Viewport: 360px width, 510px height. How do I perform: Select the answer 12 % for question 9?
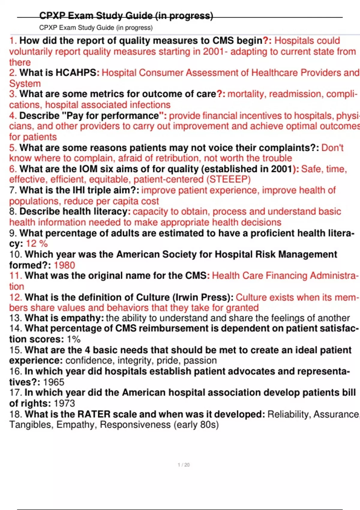click(37, 244)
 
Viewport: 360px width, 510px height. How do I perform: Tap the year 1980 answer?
click(64, 265)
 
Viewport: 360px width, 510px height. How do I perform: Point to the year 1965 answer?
click(54, 382)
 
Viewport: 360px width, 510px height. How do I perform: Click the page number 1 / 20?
click(184, 465)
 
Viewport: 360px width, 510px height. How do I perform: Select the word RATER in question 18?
click(94, 414)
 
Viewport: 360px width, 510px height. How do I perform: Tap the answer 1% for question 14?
click(73, 339)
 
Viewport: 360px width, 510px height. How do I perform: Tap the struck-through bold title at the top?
click(126, 16)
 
